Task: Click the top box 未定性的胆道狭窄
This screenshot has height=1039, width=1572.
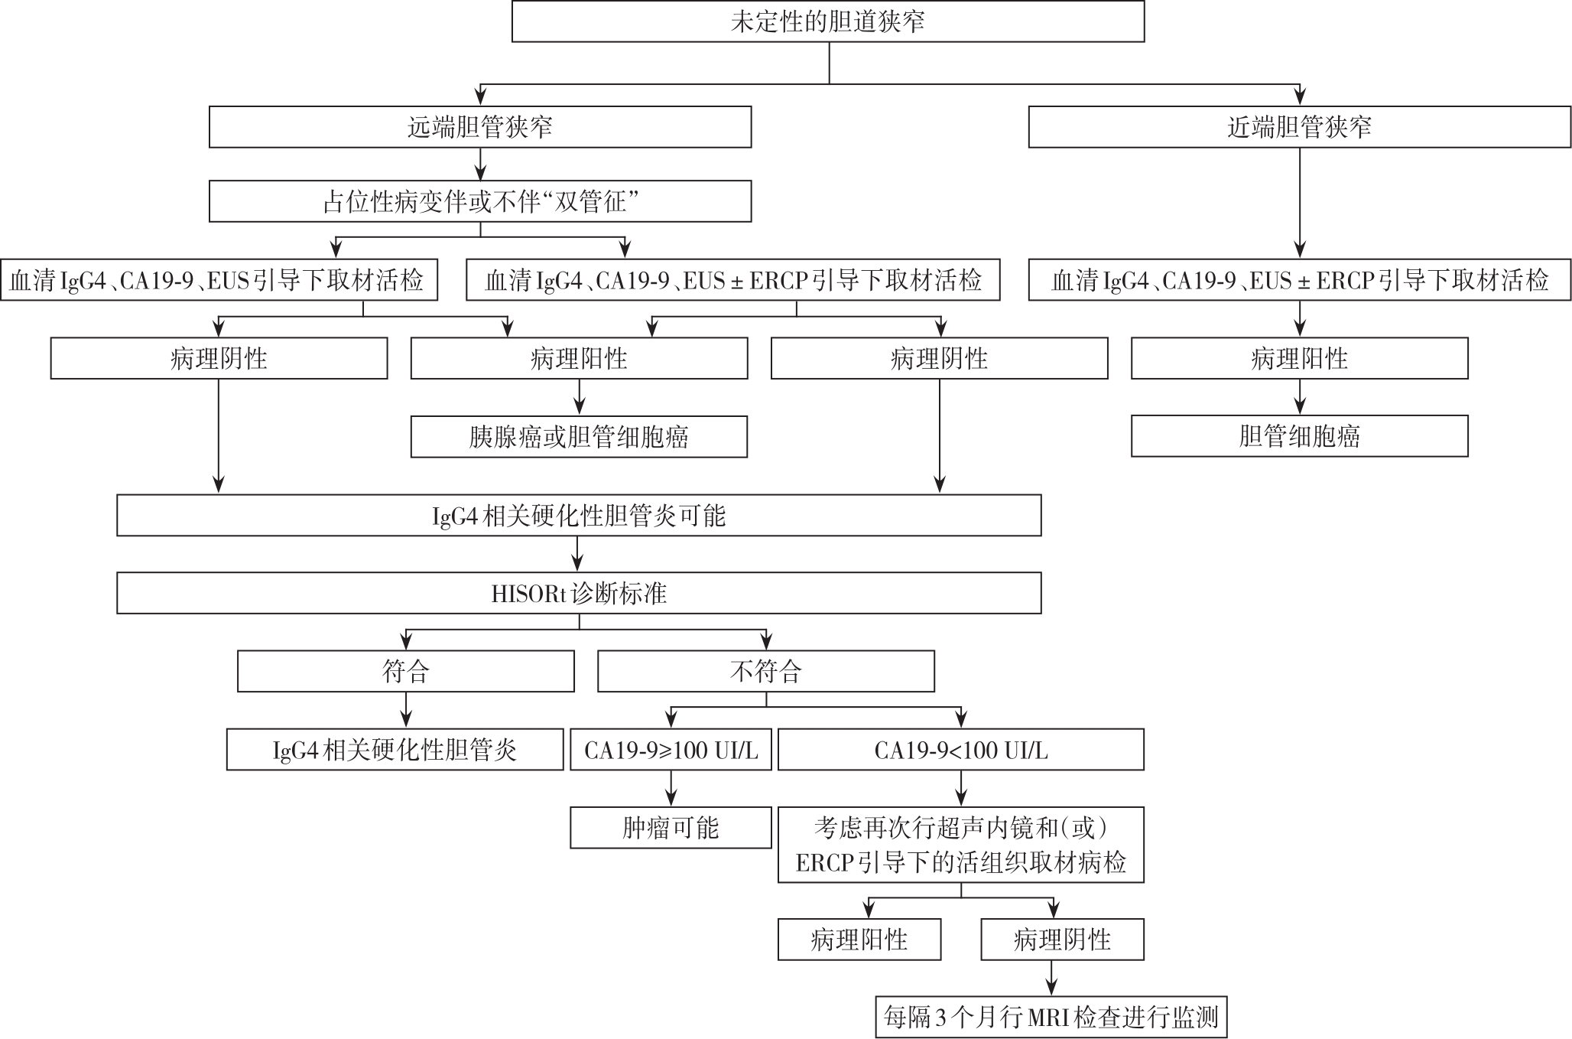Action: pyautogui.click(x=828, y=21)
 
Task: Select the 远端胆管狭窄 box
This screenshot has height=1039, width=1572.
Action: pyautogui.click(x=480, y=127)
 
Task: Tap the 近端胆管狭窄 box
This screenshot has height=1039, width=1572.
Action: pyautogui.click(x=1300, y=127)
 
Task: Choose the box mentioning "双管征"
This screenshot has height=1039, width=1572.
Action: pyautogui.click(x=480, y=201)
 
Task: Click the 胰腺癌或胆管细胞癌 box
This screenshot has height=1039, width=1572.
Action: pyautogui.click(x=579, y=437)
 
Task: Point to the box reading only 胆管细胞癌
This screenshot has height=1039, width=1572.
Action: pyautogui.click(x=1300, y=436)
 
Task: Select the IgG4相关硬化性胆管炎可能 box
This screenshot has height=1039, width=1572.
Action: pyautogui.click(x=579, y=516)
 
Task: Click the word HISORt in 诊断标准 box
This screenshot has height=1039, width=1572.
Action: pyautogui.click(x=528, y=594)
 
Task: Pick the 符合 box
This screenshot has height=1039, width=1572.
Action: pyautogui.click(x=406, y=672)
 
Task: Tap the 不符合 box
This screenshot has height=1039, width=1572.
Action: pyautogui.click(x=766, y=672)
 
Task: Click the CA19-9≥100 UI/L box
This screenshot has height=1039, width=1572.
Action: pyautogui.click(x=671, y=750)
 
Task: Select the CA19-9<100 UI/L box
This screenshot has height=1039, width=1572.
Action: pyautogui.click(x=961, y=750)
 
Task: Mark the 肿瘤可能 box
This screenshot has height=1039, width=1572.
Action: pyautogui.click(x=671, y=828)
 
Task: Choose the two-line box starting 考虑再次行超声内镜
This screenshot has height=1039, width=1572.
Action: pyautogui.click(x=961, y=845)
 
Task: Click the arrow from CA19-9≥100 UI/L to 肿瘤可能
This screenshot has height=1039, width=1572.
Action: pyautogui.click(x=671, y=789)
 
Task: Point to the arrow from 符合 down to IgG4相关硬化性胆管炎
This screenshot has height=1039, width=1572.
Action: pyautogui.click(x=406, y=710)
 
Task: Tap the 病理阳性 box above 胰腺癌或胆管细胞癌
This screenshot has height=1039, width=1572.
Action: pyautogui.click(x=579, y=358)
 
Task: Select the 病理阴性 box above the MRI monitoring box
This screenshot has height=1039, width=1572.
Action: pyautogui.click(x=1062, y=940)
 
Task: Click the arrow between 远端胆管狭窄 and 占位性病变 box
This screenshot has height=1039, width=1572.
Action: pyautogui.click(x=480, y=164)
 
